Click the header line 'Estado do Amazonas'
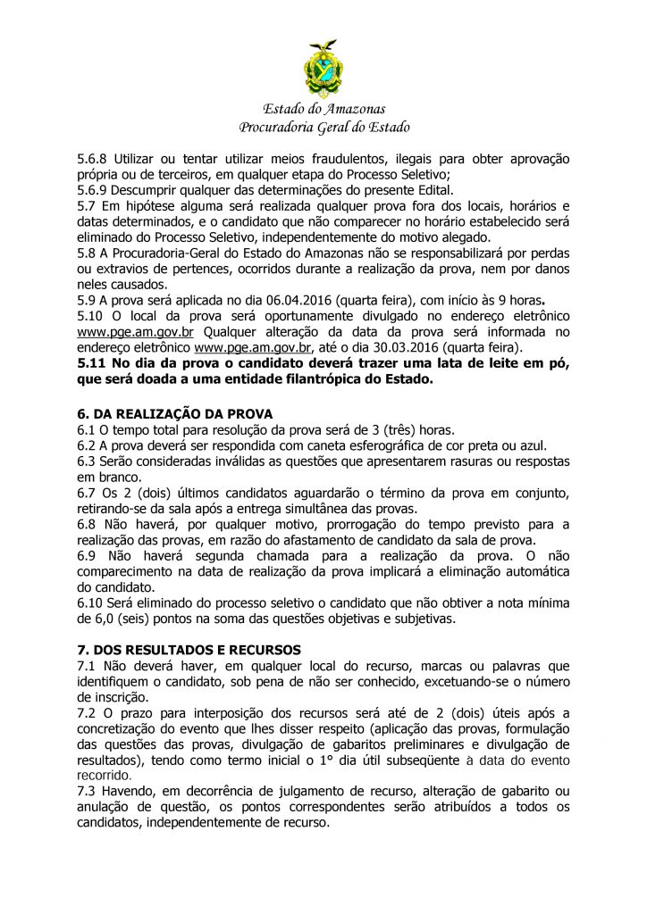[x=323, y=109]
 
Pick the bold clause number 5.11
[x=93, y=363]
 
